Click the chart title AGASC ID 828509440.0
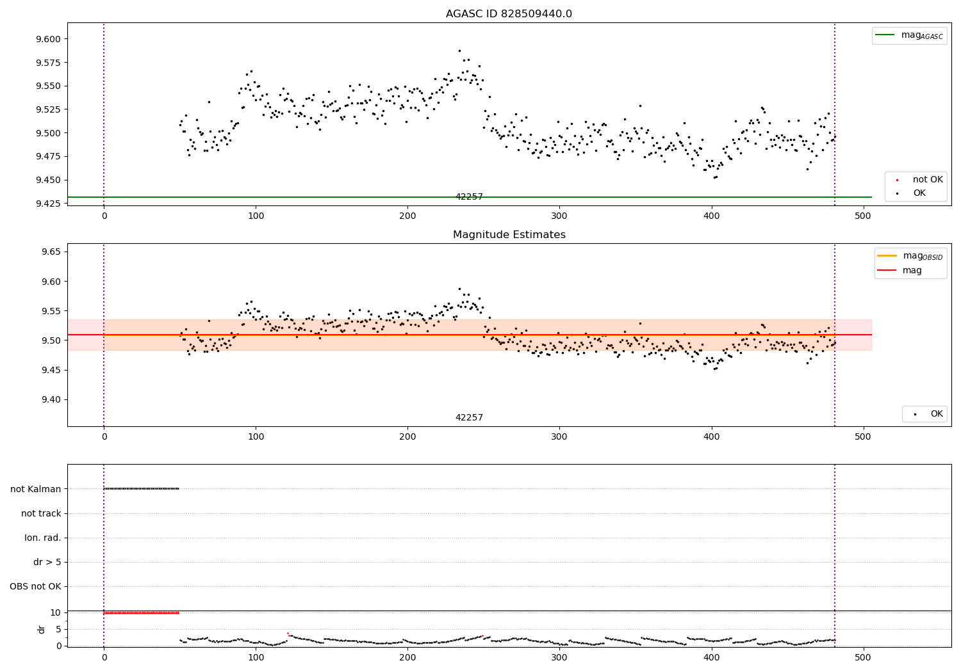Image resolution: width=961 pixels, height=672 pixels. pos(509,14)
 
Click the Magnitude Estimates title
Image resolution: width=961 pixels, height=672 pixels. pos(509,235)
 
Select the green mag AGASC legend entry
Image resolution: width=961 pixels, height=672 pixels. pos(909,35)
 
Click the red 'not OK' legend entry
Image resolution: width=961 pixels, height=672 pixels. pos(916,180)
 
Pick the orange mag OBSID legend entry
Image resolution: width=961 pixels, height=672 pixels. pos(910,256)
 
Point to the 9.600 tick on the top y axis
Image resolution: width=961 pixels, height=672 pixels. pos(49,39)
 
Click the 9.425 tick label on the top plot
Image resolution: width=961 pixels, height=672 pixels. pos(49,204)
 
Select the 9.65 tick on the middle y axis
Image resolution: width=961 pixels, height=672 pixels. pos(51,252)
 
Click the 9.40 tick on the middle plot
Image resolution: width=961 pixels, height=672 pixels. pos(51,400)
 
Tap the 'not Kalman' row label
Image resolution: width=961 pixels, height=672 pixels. pos(36,489)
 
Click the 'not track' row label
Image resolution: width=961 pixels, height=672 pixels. pos(41,513)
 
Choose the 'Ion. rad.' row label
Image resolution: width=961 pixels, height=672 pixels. pos(43,538)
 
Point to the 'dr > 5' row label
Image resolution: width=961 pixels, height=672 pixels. pos(47,562)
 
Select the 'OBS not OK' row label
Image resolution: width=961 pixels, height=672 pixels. pos(35,586)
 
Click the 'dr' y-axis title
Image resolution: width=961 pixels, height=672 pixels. pos(42,629)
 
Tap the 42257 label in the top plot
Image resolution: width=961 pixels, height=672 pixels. pos(469,197)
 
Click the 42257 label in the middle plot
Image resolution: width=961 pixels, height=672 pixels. pos(469,418)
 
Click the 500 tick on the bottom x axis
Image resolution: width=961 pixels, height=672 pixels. pos(863,657)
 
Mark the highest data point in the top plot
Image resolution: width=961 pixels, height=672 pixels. pos(459,51)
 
